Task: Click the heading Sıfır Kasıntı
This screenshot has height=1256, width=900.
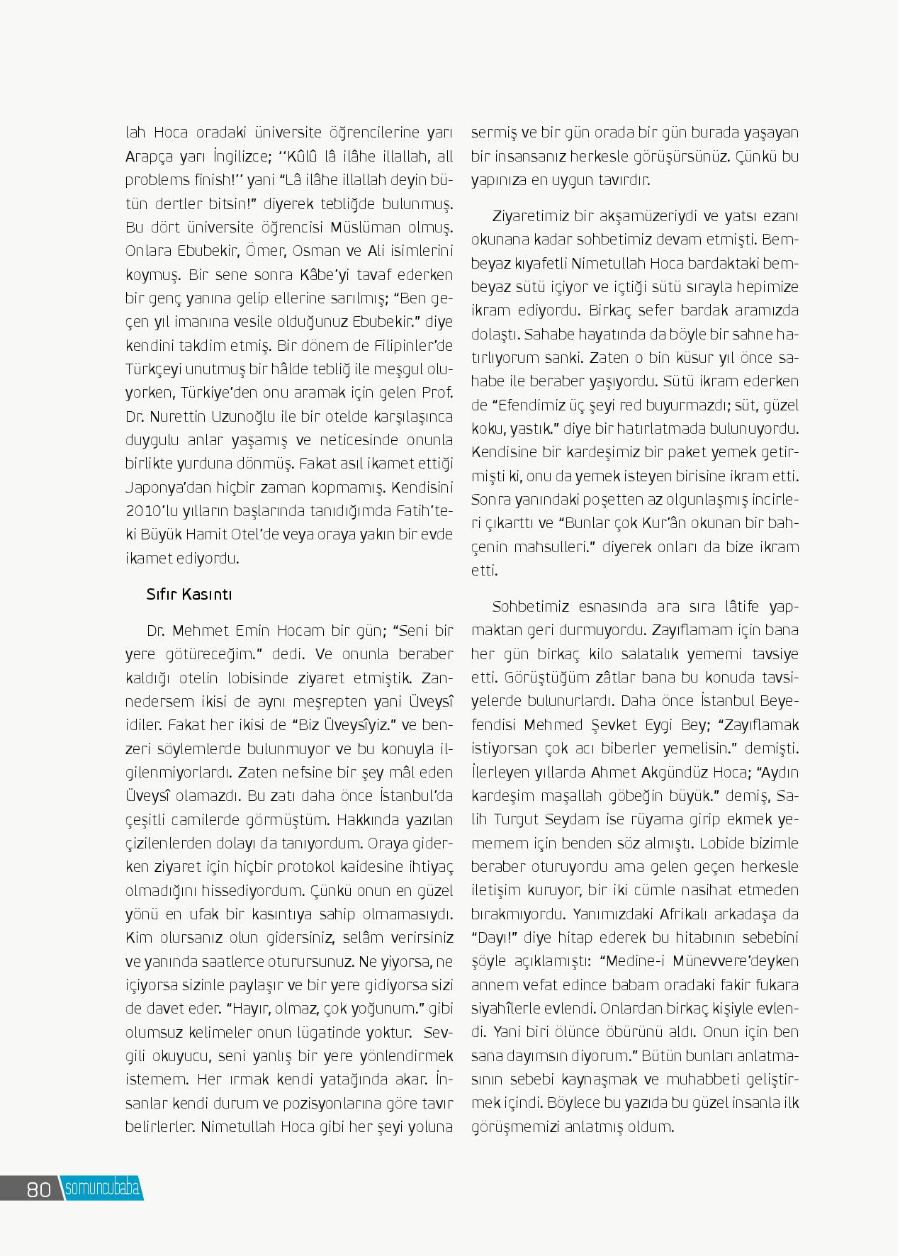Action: point(189,594)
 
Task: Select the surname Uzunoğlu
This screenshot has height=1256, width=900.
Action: point(266,417)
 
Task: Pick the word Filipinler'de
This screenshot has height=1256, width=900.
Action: point(412,346)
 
